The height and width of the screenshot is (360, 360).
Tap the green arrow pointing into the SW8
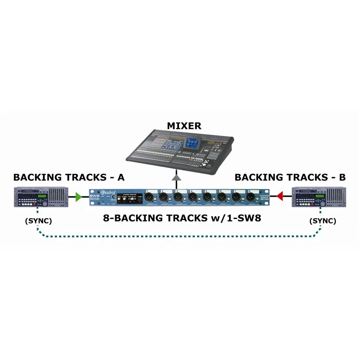(78, 196)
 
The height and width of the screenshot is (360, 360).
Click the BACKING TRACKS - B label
(290, 177)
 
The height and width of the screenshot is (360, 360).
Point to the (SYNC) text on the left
(39, 221)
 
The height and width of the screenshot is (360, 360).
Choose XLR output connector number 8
(250, 197)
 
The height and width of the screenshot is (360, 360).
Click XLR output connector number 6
(221, 197)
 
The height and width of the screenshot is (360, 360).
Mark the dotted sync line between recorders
(180, 237)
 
